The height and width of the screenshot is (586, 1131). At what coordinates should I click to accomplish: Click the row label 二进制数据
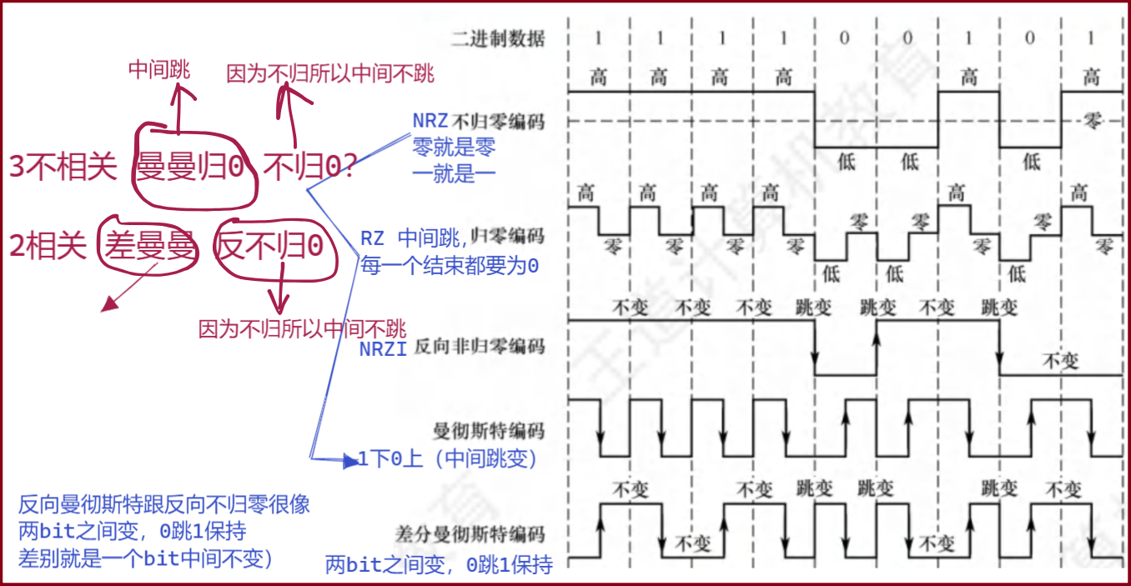pos(498,38)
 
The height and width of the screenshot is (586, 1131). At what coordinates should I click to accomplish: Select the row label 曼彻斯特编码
pos(489,431)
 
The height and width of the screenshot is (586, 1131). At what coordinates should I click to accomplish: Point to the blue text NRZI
pos(383,349)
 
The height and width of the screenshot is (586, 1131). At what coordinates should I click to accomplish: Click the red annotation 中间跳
pos(158,71)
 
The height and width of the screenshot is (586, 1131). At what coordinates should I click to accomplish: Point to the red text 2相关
pos(48,246)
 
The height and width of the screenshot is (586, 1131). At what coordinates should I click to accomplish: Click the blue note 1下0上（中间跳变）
pos(448,458)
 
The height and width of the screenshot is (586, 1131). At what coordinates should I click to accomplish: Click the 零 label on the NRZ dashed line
pos(1092,121)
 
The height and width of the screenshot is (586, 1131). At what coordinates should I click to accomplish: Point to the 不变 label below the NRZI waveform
pos(1061,361)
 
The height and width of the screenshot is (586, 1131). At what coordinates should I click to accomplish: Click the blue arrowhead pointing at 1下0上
pos(351,460)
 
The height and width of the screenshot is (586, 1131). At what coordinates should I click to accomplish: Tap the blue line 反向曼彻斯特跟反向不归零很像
pos(164,505)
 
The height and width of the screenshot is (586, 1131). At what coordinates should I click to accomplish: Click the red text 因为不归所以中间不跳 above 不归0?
pos(330,74)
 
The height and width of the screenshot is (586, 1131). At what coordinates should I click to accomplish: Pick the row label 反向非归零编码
pos(479,345)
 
